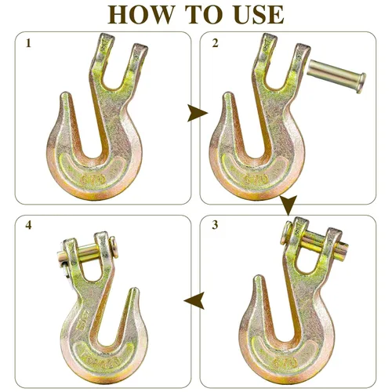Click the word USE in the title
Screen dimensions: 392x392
(x=252, y=15)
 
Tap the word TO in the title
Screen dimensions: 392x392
(x=199, y=15)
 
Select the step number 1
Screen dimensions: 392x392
(x=29, y=44)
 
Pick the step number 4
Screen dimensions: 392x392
(x=29, y=227)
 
